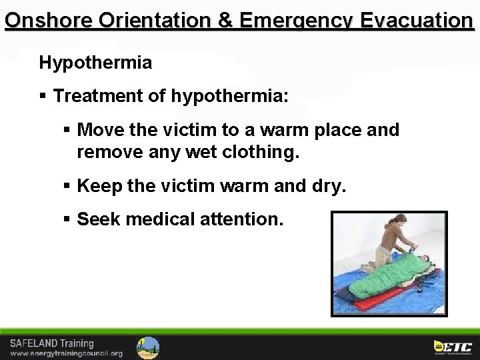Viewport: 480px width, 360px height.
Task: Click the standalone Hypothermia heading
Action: pyautogui.click(x=95, y=63)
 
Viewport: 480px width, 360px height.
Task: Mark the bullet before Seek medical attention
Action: pyautogui.click(x=67, y=219)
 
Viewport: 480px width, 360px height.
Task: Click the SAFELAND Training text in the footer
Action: pyautogui.click(x=51, y=343)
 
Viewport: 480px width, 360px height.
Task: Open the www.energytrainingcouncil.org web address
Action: pyautogui.click(x=66, y=353)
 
